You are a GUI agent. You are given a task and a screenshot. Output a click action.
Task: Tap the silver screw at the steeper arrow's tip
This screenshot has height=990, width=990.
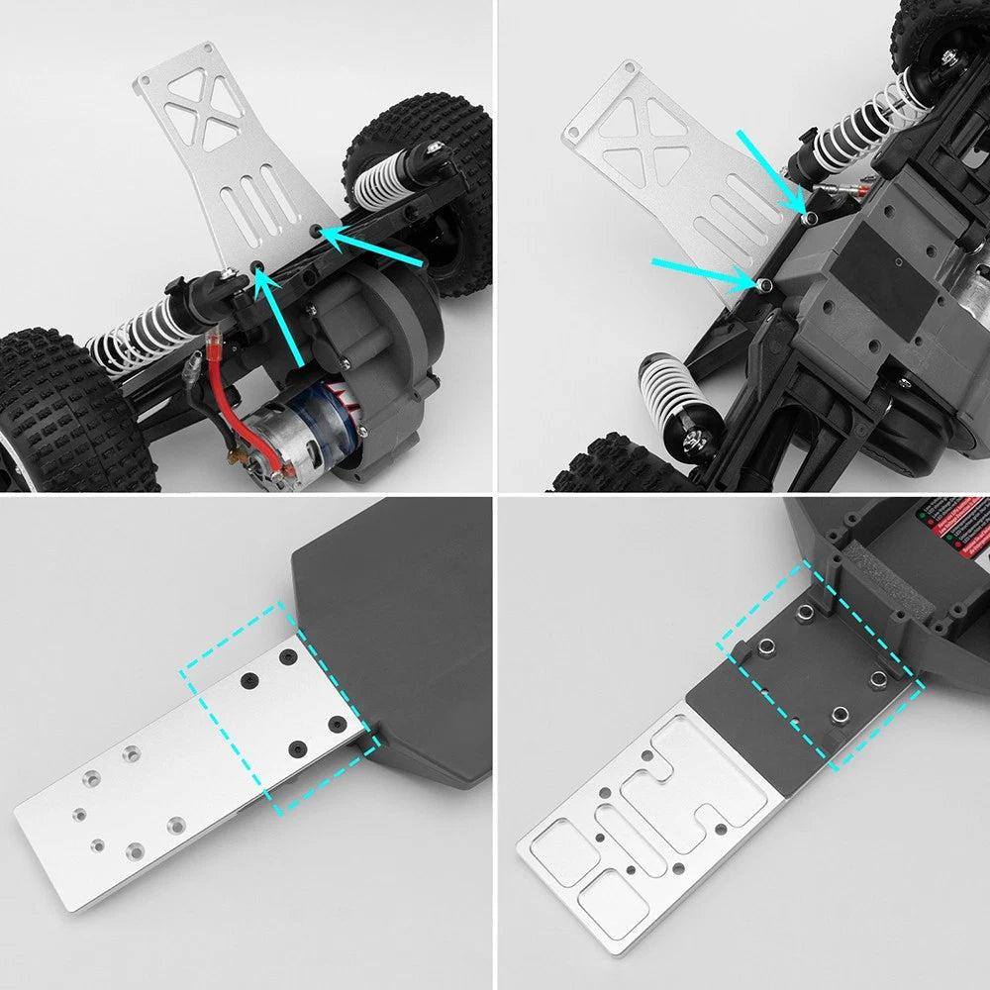pyautogui.click(x=810, y=216)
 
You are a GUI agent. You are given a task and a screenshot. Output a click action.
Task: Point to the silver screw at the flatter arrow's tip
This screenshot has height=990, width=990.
pyautogui.click(x=765, y=285)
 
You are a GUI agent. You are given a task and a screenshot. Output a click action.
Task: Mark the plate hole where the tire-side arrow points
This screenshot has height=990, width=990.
pyautogui.click(x=316, y=229)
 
